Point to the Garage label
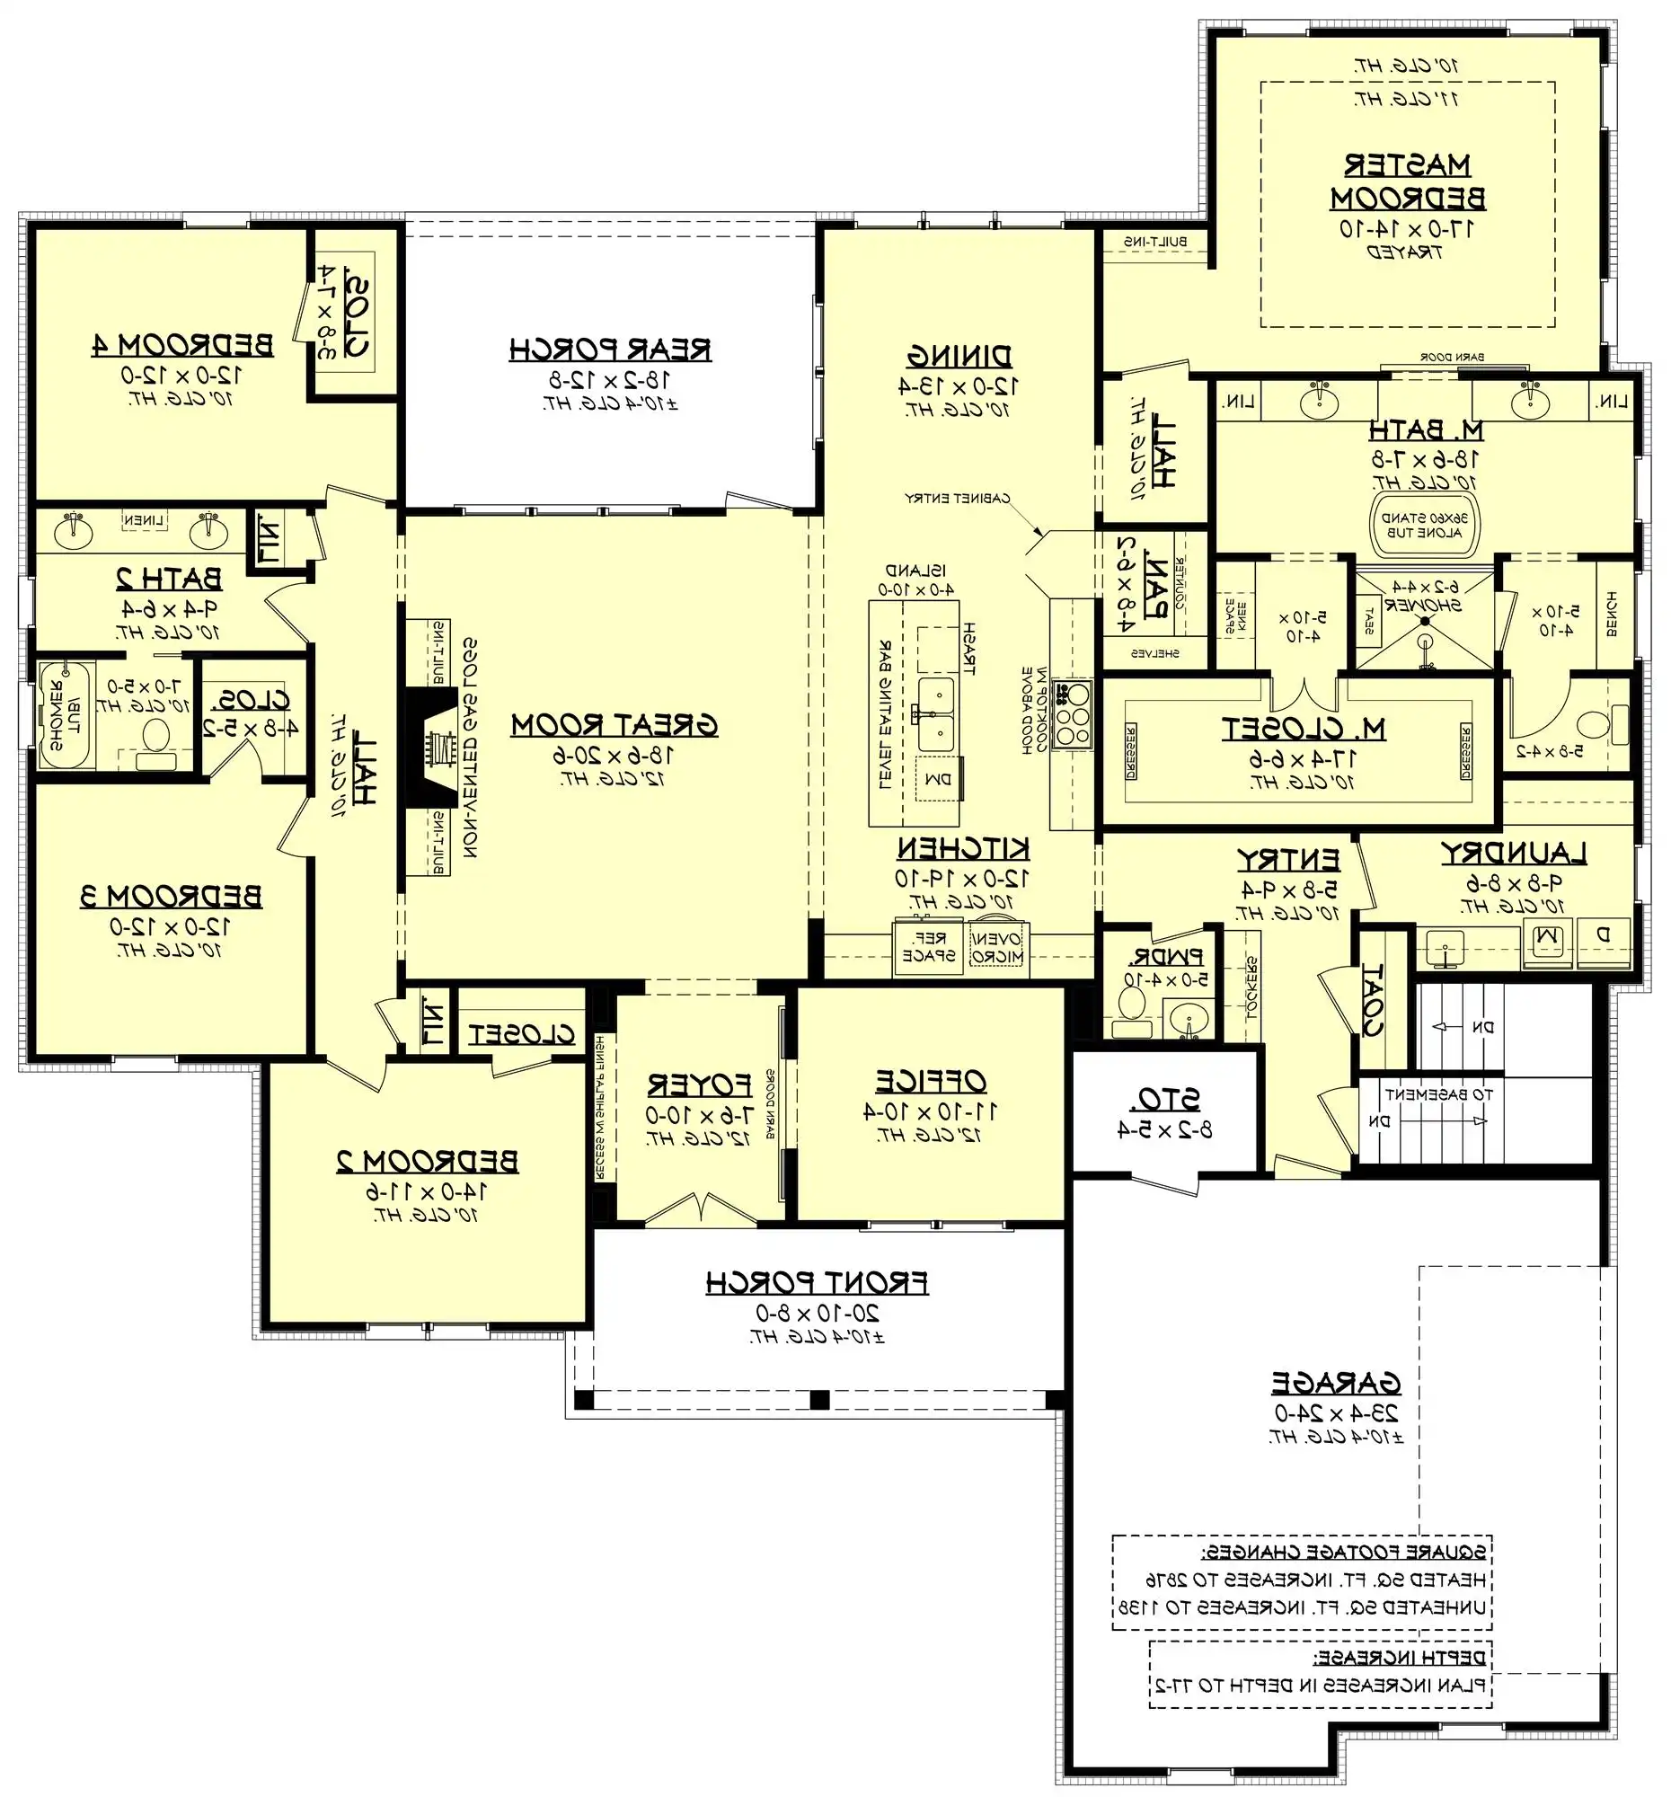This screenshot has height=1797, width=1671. coord(1335,1384)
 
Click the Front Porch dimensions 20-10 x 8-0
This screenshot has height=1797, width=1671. coord(817,1313)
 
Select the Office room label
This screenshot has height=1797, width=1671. coord(929,1081)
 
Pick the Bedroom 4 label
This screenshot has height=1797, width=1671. coord(182,345)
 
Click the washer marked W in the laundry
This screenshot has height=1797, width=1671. coord(1548,937)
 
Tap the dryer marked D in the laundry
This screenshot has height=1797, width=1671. coord(1604,936)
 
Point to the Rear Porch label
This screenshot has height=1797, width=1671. coord(610,350)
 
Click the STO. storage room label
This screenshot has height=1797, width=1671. coord(1165,1099)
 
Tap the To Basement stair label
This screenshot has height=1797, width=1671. coord(1438,1094)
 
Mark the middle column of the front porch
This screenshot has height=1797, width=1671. coord(818,1400)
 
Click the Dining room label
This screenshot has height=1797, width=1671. coord(959,356)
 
